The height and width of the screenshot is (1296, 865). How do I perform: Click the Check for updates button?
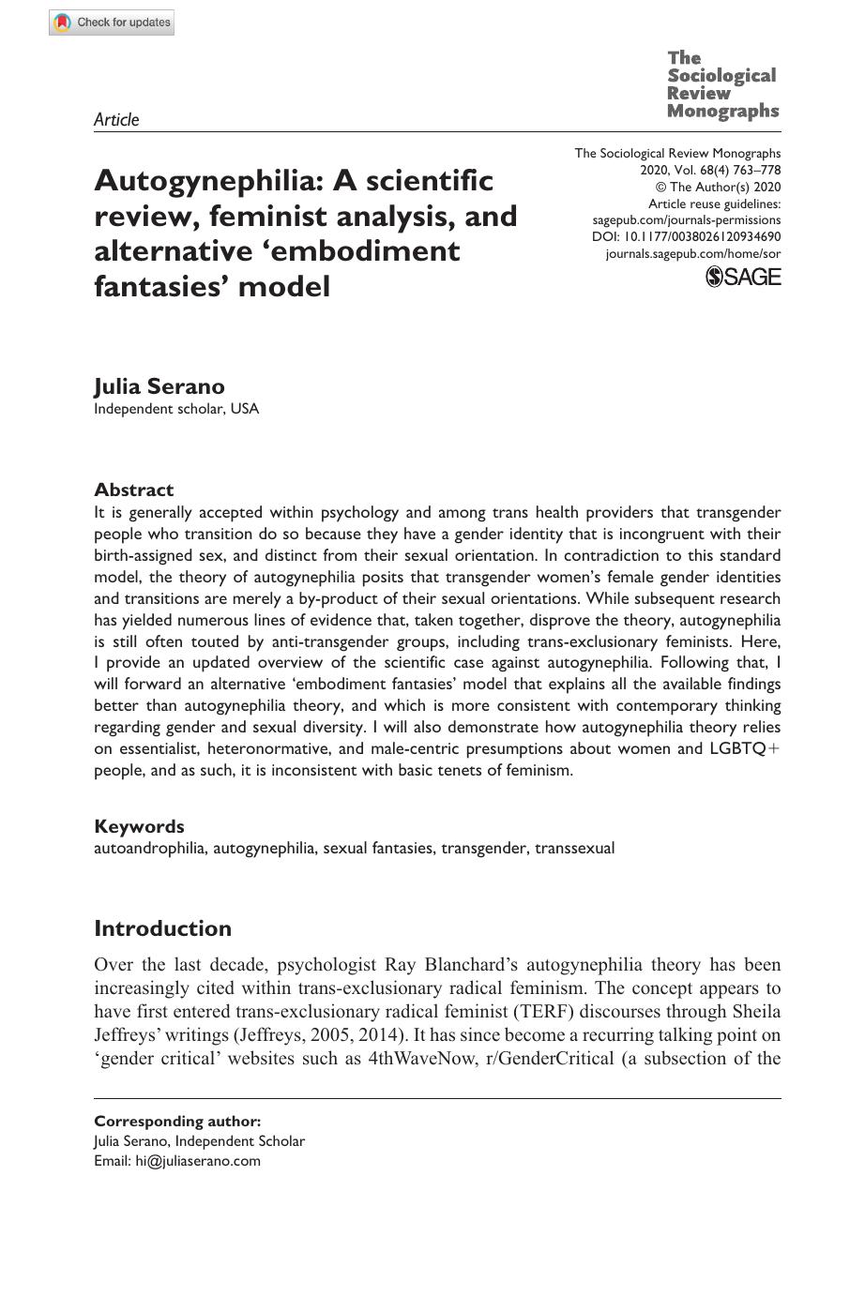[x=112, y=23]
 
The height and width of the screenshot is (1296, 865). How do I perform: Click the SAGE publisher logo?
[x=742, y=276]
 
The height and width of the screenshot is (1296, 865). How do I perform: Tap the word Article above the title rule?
[x=116, y=119]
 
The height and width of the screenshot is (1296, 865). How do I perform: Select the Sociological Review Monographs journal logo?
[x=722, y=85]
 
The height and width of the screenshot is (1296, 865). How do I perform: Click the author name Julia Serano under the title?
[x=159, y=386]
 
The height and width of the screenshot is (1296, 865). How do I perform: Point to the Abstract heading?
[x=133, y=490]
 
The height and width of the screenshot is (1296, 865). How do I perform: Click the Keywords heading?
[x=139, y=826]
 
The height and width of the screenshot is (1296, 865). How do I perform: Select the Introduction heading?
[x=162, y=928]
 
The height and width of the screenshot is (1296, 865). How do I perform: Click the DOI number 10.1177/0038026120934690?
[x=702, y=236]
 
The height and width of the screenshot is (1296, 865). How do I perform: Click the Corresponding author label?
[x=177, y=1121]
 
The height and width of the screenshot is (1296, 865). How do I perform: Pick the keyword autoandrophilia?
[x=149, y=849]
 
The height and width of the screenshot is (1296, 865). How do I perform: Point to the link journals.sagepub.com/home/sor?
[x=692, y=253]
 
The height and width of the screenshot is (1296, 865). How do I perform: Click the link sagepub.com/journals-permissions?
[x=686, y=219]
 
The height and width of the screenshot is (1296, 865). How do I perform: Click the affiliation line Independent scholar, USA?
[x=176, y=409]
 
